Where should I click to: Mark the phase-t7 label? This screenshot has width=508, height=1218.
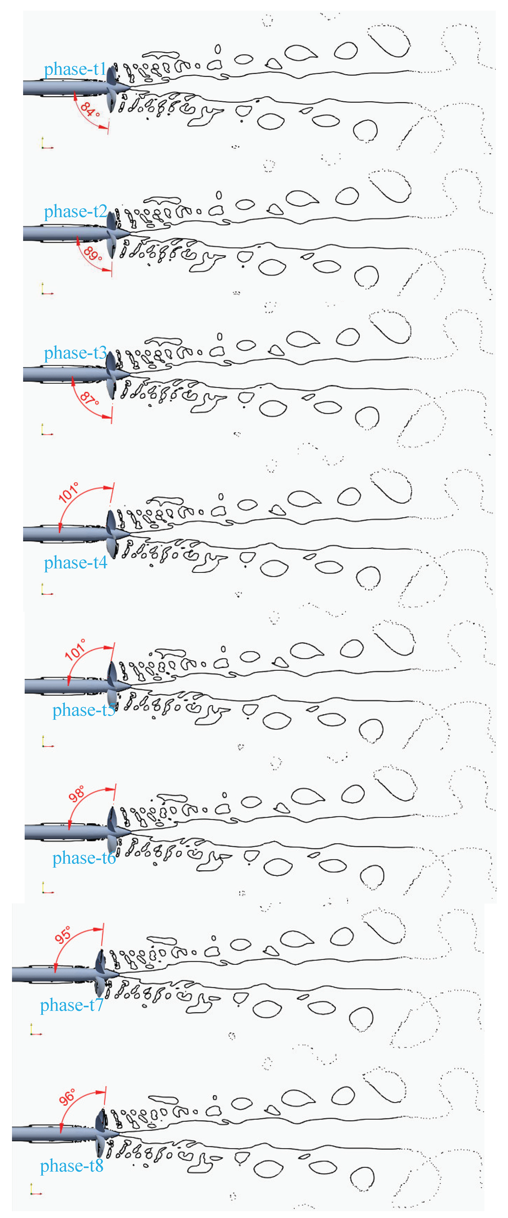pyautogui.click(x=72, y=1005)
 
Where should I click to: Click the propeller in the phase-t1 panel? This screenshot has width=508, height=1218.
pyautogui.click(x=112, y=88)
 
